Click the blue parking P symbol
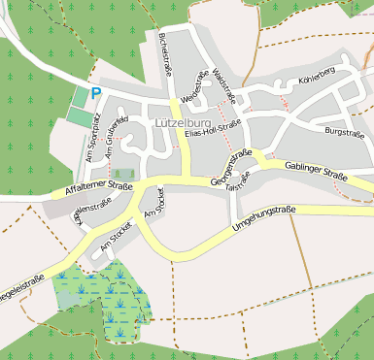pyautogui.click(x=95, y=94)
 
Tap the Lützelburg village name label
pyautogui.click(x=184, y=124)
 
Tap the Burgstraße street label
pyautogui.click(x=348, y=130)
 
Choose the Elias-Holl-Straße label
pyautogui.click(x=212, y=130)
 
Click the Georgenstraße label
pyautogui.click(x=231, y=167)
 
